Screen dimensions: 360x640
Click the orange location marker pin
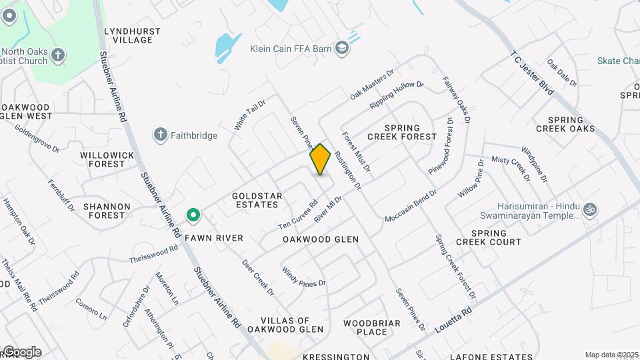(x=320, y=159)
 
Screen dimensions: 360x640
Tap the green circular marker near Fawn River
(x=193, y=215)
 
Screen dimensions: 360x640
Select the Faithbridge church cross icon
(x=160, y=135)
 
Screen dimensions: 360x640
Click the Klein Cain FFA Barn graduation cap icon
(x=342, y=48)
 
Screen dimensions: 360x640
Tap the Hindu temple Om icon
(x=589, y=209)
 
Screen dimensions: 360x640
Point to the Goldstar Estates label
(x=257, y=201)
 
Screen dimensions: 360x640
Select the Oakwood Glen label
(x=321, y=239)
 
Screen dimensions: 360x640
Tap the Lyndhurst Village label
(x=129, y=35)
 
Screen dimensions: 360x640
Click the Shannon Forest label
(x=104, y=211)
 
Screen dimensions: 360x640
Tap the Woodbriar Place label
(x=372, y=327)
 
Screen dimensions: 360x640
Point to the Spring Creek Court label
(x=487, y=237)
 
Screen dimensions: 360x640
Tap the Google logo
(x=21, y=352)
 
